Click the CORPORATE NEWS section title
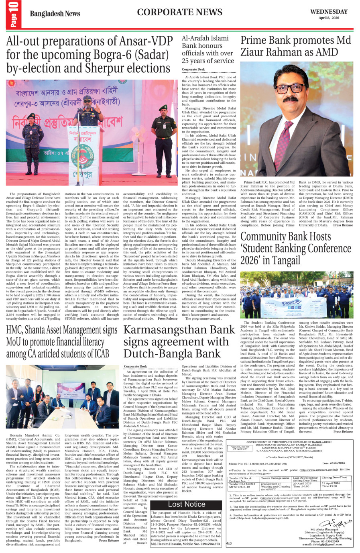point(180,12)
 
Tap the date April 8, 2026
point(329,18)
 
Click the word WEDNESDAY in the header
point(329,12)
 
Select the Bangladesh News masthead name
point(55,14)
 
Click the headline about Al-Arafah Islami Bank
point(207,49)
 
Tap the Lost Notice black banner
point(186,504)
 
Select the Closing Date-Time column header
point(334,478)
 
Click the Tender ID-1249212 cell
point(242,484)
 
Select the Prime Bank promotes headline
point(295,46)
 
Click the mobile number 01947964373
point(205,544)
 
